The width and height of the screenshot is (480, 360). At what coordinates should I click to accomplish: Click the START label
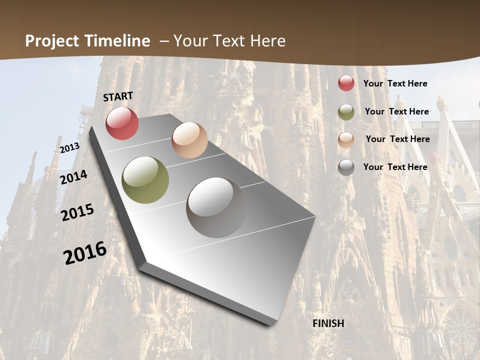coord(118,96)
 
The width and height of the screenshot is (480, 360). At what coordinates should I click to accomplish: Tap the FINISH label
coord(328,323)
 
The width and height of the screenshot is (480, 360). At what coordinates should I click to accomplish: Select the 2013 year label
coord(69,148)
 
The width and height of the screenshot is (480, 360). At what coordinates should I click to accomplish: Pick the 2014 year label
coord(74,177)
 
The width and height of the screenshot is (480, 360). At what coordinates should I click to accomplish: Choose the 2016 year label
coord(85,252)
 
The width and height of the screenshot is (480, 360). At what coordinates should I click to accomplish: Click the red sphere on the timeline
coord(122,123)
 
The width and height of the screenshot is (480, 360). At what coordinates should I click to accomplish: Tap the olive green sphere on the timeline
coord(145,180)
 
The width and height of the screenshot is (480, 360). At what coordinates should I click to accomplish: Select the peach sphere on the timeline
coord(189,140)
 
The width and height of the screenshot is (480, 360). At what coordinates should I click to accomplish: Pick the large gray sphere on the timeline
coord(216,207)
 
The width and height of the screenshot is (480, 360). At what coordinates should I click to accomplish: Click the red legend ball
coord(346,83)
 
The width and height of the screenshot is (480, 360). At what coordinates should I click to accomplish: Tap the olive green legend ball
coord(346,112)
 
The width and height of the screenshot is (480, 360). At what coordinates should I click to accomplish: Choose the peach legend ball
coord(346,140)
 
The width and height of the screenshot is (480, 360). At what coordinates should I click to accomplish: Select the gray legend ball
coord(346,167)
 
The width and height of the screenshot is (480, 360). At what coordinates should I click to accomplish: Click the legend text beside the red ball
coord(395,83)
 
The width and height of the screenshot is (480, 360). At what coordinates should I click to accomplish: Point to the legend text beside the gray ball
coord(395,167)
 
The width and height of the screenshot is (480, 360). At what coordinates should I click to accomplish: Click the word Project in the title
coord(52,41)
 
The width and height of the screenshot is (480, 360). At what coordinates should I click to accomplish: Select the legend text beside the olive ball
coord(396,111)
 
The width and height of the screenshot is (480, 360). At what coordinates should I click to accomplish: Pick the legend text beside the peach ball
coord(397,139)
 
